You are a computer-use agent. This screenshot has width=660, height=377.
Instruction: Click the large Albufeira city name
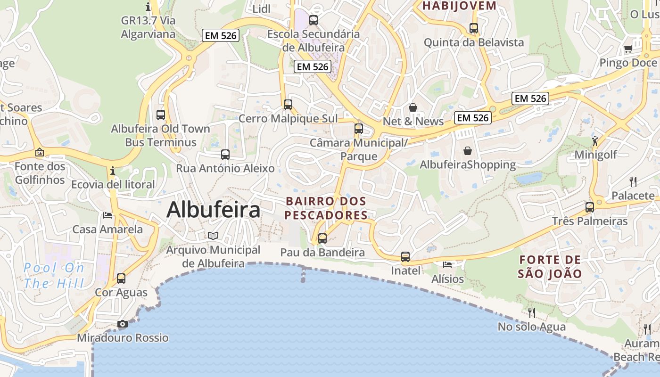213,210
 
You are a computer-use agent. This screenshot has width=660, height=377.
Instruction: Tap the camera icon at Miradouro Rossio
122,324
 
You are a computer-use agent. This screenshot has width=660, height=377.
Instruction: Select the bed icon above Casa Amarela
107,215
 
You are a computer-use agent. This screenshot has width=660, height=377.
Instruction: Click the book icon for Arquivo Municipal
213,236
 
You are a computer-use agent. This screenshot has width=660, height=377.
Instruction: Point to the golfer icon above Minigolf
595,140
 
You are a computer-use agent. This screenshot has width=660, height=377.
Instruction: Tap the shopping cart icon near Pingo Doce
628,49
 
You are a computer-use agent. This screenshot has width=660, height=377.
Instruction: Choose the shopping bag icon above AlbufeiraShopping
468,151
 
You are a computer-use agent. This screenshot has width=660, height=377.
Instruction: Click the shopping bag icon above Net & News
413,107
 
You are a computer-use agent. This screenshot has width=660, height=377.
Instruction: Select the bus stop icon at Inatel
405,257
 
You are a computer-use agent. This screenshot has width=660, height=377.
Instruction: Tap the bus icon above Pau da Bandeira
322,238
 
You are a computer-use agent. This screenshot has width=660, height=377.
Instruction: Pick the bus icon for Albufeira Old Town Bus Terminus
161,115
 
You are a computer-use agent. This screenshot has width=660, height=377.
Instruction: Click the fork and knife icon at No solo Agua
532,312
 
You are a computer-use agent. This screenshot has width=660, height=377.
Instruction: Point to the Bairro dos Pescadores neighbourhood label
326,208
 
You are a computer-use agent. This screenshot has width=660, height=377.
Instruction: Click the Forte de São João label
550,266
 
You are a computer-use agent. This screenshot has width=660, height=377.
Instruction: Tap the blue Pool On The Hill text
54,276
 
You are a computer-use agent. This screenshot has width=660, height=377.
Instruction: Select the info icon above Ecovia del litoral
113,171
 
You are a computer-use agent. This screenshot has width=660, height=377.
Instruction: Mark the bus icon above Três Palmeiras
589,207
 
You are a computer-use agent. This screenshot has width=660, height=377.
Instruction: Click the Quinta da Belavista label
473,42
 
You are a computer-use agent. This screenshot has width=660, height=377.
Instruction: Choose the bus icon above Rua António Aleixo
225,154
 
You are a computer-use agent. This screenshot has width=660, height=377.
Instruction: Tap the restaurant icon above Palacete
633,181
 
